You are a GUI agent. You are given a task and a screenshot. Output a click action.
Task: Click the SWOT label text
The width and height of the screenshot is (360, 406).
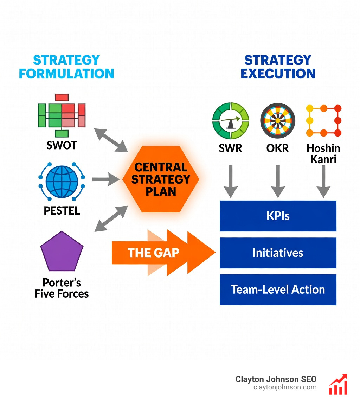[62, 145]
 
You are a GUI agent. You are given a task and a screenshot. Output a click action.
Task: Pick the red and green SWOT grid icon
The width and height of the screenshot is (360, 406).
[62, 115]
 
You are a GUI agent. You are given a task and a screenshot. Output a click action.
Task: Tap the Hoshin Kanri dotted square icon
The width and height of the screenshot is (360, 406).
[324, 120]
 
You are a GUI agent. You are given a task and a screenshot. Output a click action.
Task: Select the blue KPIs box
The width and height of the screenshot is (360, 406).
[278, 216]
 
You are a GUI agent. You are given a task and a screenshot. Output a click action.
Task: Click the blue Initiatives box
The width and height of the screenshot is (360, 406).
[278, 253]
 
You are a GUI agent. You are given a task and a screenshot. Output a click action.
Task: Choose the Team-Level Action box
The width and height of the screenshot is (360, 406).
[278, 290]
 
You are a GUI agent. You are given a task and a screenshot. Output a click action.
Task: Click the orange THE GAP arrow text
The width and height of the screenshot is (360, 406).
[153, 252]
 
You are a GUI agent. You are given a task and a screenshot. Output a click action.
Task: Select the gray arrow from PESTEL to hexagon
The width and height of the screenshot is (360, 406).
[106, 179]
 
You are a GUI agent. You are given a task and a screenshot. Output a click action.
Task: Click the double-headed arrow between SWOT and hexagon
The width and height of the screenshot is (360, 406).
[111, 140]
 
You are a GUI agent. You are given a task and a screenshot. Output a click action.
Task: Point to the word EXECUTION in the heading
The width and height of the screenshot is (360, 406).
[278, 74]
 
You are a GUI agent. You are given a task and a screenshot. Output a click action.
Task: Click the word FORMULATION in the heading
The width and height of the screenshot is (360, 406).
[66, 74]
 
